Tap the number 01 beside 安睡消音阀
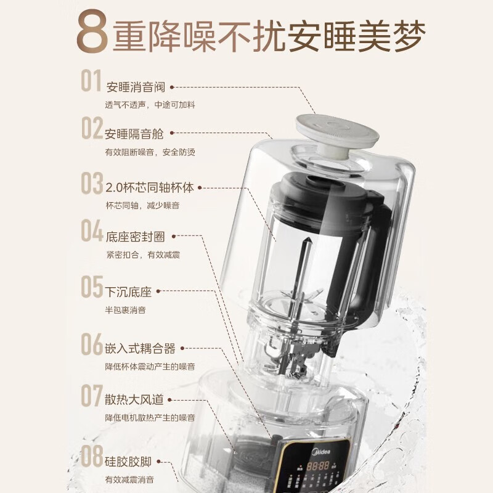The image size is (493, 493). point(91,82)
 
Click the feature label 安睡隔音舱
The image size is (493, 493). point(134,133)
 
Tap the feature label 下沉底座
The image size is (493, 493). point(128,292)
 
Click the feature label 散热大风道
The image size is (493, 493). point(135,401)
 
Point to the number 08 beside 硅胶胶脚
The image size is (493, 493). point(92,457)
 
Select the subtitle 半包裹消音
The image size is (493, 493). point(125,310)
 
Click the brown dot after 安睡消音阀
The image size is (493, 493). point(172,88)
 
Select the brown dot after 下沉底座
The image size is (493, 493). point(157,292)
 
